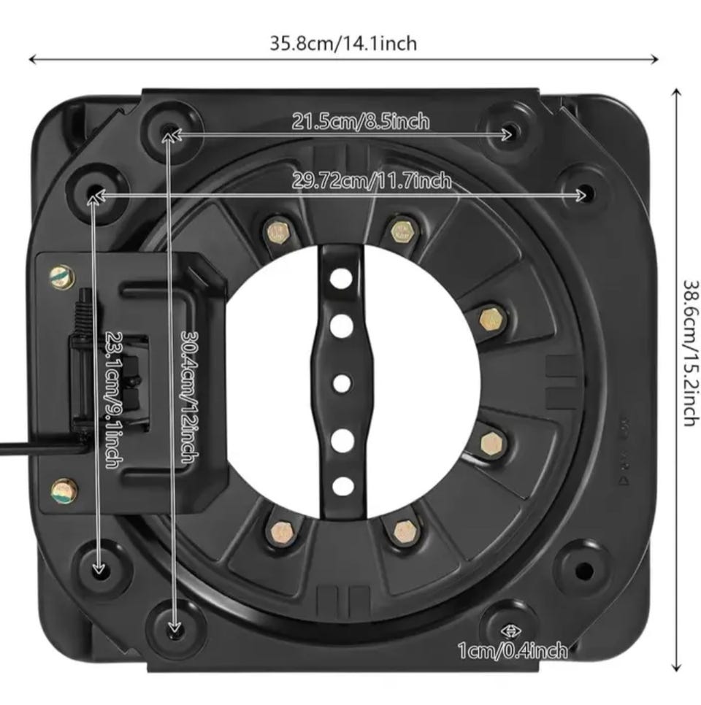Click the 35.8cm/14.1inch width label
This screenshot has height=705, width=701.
click(x=343, y=44)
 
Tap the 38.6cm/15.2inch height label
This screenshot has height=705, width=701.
click(x=692, y=353)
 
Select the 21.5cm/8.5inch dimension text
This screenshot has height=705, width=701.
click(x=361, y=121)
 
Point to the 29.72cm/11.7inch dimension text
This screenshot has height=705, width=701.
click(x=372, y=180)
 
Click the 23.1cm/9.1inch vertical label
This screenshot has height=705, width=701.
click(x=114, y=400)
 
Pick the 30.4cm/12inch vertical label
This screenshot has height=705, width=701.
click(x=189, y=397)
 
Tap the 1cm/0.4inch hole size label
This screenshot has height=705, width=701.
click(x=513, y=650)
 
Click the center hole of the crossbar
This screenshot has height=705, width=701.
click(x=342, y=384)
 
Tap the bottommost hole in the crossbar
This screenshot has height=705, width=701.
click(x=343, y=487)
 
